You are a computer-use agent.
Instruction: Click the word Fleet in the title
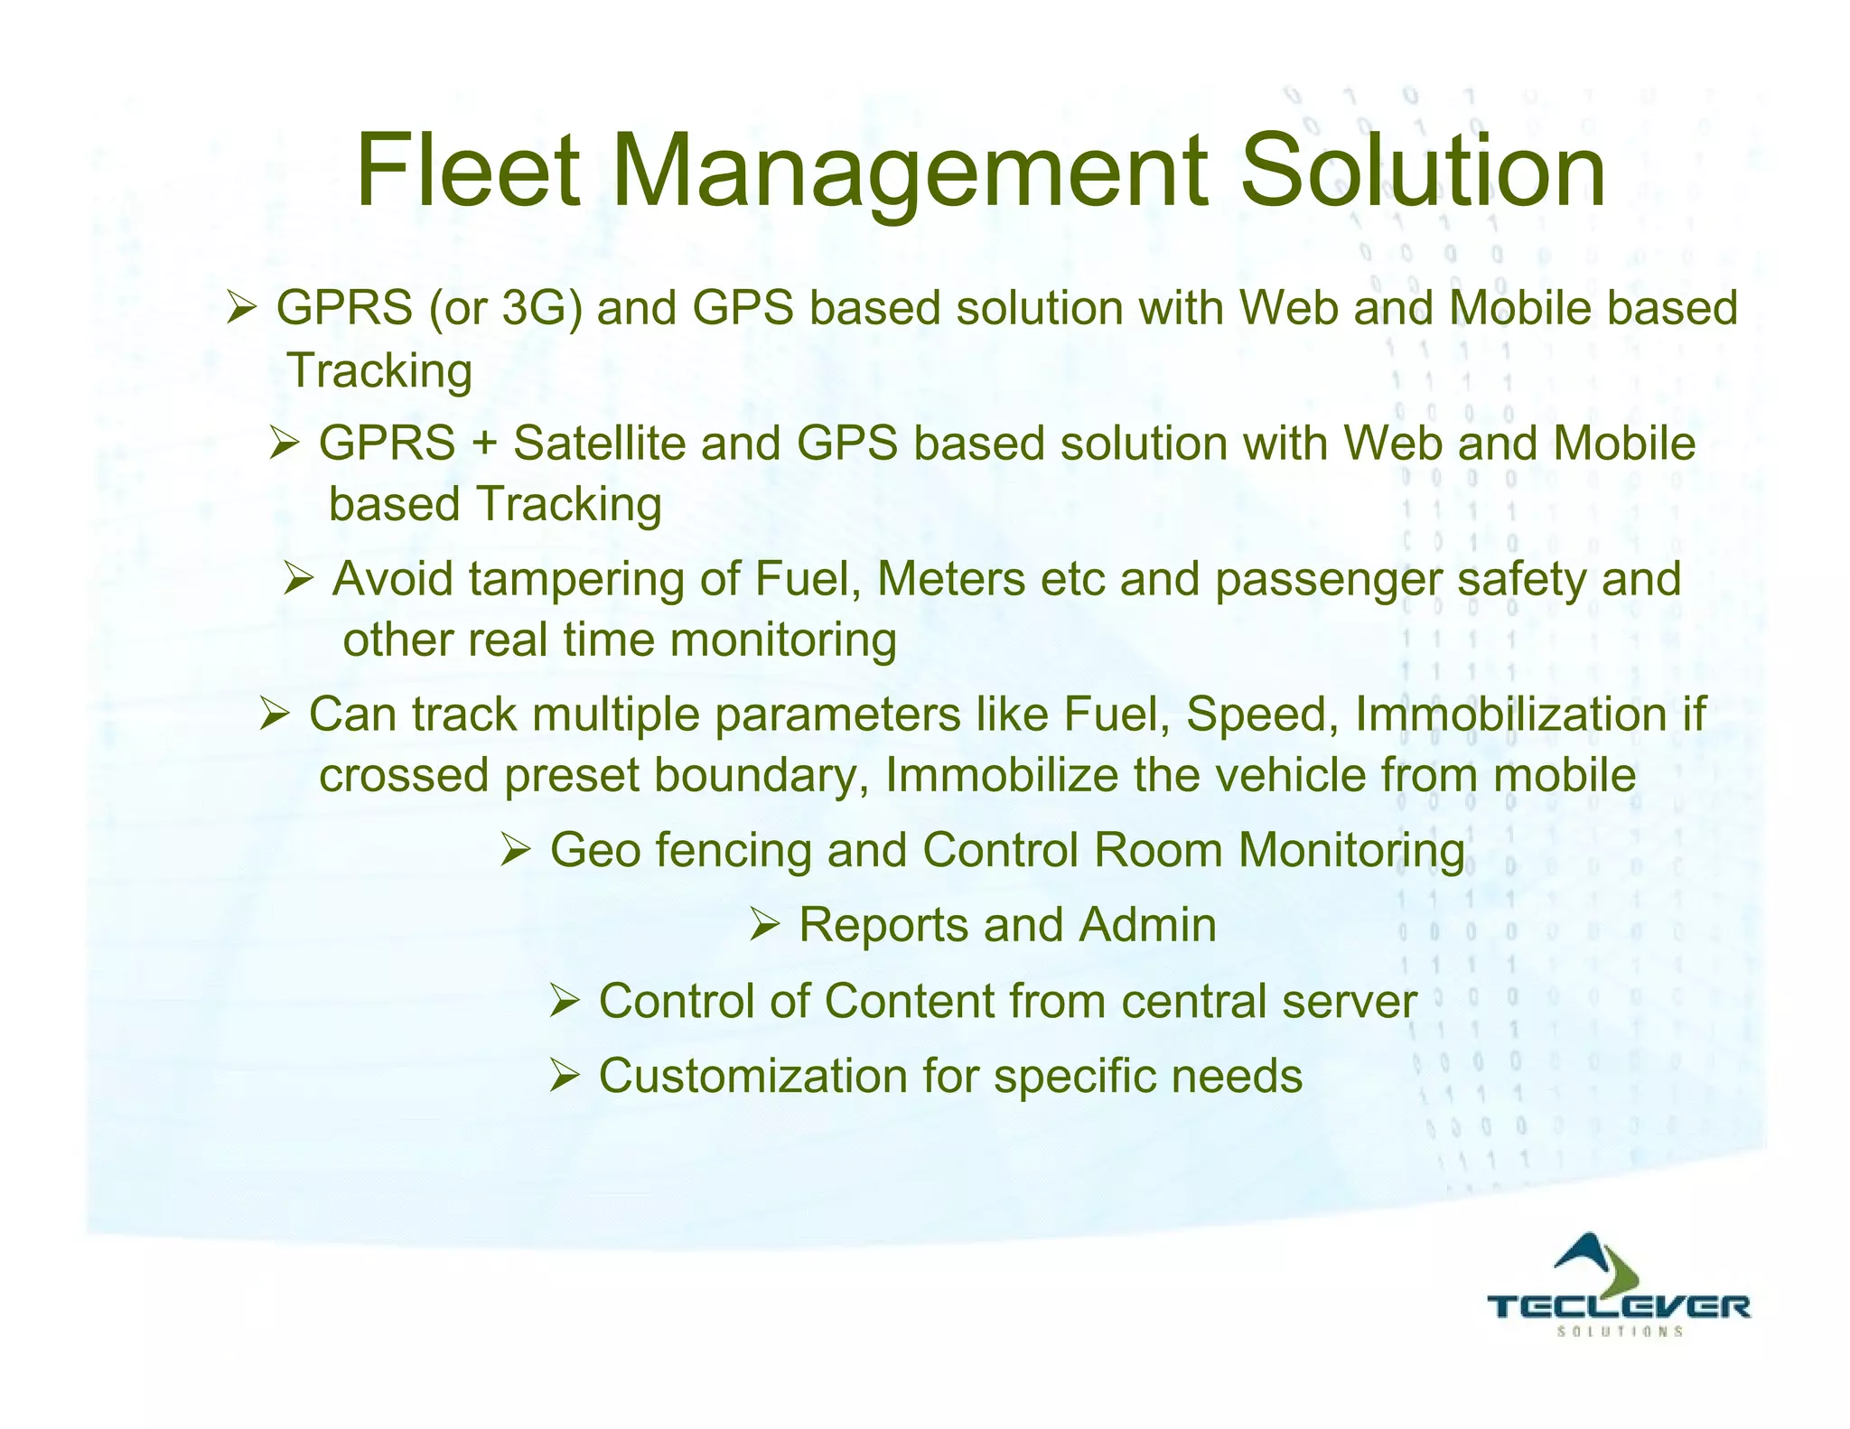click(x=468, y=171)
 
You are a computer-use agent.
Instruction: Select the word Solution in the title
click(x=1422, y=171)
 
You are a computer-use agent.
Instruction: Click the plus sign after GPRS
click(x=484, y=444)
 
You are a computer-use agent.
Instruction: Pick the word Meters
click(x=951, y=579)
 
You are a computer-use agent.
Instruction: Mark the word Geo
click(x=595, y=852)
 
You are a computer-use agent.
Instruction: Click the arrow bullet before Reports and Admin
click(x=765, y=925)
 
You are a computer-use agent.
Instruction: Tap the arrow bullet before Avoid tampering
click(x=298, y=579)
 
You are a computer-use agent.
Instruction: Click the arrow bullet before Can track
click(x=274, y=714)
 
